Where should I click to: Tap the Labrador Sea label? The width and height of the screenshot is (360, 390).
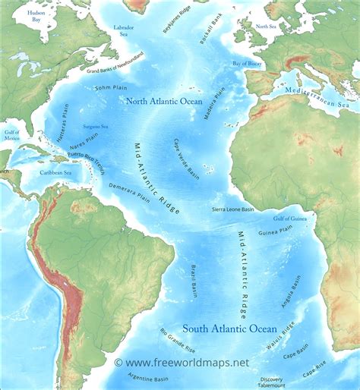[x=124, y=31]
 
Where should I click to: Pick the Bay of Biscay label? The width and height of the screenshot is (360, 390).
[x=247, y=64]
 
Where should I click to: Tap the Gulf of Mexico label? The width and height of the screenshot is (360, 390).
[x=11, y=136]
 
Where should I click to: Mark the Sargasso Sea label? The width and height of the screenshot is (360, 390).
[x=95, y=126]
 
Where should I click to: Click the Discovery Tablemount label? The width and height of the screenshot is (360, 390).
[x=271, y=382]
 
